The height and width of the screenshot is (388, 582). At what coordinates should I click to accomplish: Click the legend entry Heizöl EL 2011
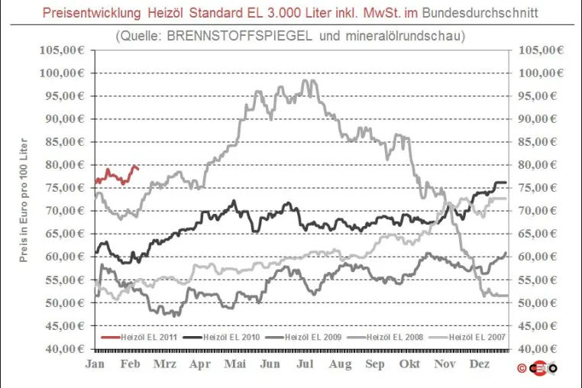tap(139, 337)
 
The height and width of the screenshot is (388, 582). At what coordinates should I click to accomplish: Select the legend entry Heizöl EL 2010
tap(221, 337)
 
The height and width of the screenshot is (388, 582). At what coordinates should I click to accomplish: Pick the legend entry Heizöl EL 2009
tap(303, 337)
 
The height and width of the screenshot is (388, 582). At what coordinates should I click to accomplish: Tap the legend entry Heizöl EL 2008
tap(385, 337)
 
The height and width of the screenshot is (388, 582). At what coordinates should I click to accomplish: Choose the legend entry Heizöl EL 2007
tap(467, 337)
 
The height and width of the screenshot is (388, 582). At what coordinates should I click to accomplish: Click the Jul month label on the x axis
tap(305, 364)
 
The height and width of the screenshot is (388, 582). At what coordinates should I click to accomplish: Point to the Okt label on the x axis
tap(409, 364)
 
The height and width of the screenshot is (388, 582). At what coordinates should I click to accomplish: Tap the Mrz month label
tap(165, 364)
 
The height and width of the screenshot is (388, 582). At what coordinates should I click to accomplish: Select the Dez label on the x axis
tap(479, 364)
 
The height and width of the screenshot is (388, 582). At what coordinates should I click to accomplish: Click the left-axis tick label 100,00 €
tap(62, 73)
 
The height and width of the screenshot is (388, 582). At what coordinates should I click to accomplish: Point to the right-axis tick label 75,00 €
tap(538, 187)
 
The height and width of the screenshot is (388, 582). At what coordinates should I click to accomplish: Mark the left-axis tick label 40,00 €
tap(65, 348)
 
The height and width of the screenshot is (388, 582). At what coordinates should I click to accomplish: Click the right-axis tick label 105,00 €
tap(541, 50)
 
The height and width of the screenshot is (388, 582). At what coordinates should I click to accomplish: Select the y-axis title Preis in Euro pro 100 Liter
tap(24, 200)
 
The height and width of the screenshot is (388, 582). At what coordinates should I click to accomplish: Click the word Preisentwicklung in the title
tap(92, 13)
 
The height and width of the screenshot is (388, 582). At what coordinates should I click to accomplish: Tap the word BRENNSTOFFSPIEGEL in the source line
tap(239, 36)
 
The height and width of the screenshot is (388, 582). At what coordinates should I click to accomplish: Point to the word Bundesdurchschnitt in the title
tap(480, 13)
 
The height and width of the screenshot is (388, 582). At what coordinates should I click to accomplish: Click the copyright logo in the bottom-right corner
tap(537, 368)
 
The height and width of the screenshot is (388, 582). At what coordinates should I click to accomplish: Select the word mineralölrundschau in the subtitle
tap(406, 36)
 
